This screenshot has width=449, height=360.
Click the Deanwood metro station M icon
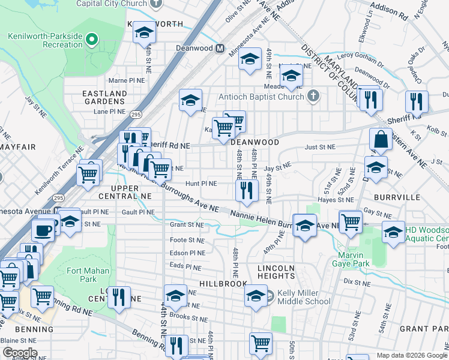[x=220, y=48]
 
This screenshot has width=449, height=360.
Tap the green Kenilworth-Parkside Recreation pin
[x=92, y=41]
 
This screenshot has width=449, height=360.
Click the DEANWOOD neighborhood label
[x=255, y=142]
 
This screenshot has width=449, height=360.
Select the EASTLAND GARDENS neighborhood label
[x=104, y=98]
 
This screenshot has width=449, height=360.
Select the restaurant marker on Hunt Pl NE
[x=246, y=190]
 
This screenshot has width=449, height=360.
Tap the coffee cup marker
[x=43, y=229]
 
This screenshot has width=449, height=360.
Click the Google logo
[x=19, y=353]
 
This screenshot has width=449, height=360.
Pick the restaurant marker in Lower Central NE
[x=119, y=297]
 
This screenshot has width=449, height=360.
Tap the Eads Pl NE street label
[x=184, y=264]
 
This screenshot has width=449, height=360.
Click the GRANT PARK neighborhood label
[x=424, y=329]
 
